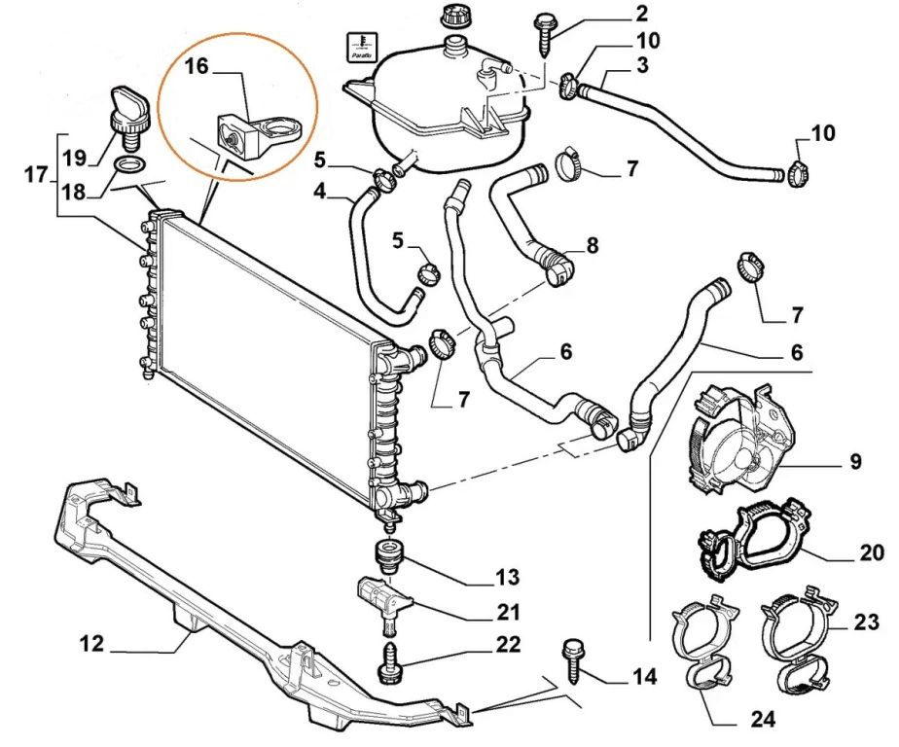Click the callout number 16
click(x=197, y=66)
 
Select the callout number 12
click(x=93, y=643)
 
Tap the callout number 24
click(x=763, y=721)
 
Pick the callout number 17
click(x=36, y=175)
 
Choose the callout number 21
click(x=508, y=612)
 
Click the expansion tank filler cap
click(x=453, y=16)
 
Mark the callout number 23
click(x=865, y=620)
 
